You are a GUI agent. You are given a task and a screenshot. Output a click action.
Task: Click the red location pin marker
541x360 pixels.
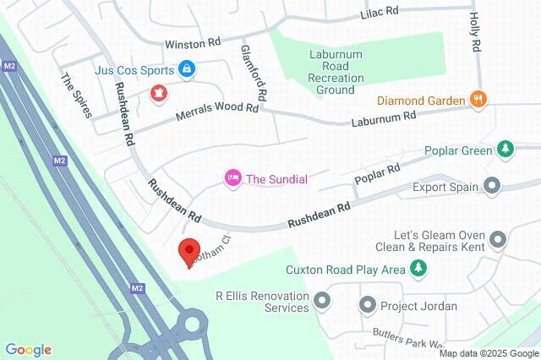[189, 251]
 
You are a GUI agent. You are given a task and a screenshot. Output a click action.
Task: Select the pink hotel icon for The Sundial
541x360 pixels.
[231, 178]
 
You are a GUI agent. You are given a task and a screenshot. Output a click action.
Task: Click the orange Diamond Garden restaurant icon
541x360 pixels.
[478, 99]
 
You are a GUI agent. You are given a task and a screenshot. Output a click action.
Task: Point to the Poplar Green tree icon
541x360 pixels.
[505, 149]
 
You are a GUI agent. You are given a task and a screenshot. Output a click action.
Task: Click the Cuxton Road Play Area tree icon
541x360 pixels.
[417, 270]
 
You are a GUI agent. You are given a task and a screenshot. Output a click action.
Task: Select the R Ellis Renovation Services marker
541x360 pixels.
[322, 300]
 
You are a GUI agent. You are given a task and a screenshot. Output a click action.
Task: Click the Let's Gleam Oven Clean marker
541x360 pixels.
[498, 242]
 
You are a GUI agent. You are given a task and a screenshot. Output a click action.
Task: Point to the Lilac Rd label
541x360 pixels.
[379, 14]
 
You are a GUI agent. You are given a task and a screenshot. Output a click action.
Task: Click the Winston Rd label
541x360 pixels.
[192, 43]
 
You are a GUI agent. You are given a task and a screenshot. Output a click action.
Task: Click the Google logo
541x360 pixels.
[28, 350]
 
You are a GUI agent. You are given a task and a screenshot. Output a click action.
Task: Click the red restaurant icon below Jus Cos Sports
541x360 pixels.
[158, 91]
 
